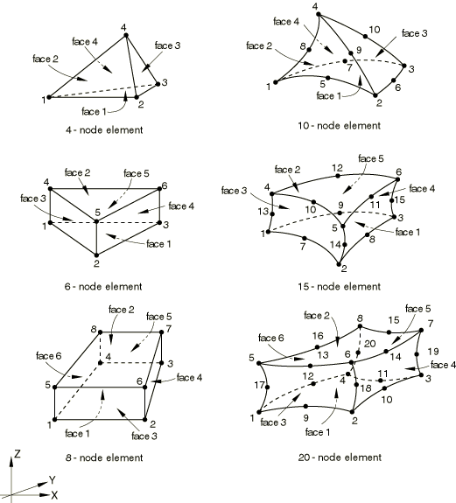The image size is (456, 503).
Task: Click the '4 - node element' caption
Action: pos(104,130)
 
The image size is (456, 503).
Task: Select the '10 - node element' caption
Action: pos(340,125)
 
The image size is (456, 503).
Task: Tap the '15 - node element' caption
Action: pos(340,286)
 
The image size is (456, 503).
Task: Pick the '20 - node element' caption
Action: pos(340,458)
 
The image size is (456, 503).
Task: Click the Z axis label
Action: pos(17,454)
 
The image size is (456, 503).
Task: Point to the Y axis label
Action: pos(53,480)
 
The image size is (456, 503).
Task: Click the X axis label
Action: pos(54,494)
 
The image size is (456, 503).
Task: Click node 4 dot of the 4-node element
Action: pos(126,35)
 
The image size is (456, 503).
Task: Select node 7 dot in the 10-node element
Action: pos(346,61)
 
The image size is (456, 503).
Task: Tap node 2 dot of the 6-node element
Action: pos(96,255)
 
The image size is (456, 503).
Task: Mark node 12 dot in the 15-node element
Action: pos(338,176)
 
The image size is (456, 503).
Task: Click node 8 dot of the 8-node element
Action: pos(100,332)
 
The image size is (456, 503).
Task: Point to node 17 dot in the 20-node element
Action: pos(267,388)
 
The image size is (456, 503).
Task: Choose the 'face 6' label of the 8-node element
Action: pos(49,356)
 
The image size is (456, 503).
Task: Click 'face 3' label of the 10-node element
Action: pos(415,33)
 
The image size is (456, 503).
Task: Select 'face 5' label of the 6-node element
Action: pos(137,173)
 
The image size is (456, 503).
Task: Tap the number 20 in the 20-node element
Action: pos(370,344)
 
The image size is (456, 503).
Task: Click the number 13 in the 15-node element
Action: pos(263,212)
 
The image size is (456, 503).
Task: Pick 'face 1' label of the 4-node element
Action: pos(94,111)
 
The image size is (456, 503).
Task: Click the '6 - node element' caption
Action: pos(103,286)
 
